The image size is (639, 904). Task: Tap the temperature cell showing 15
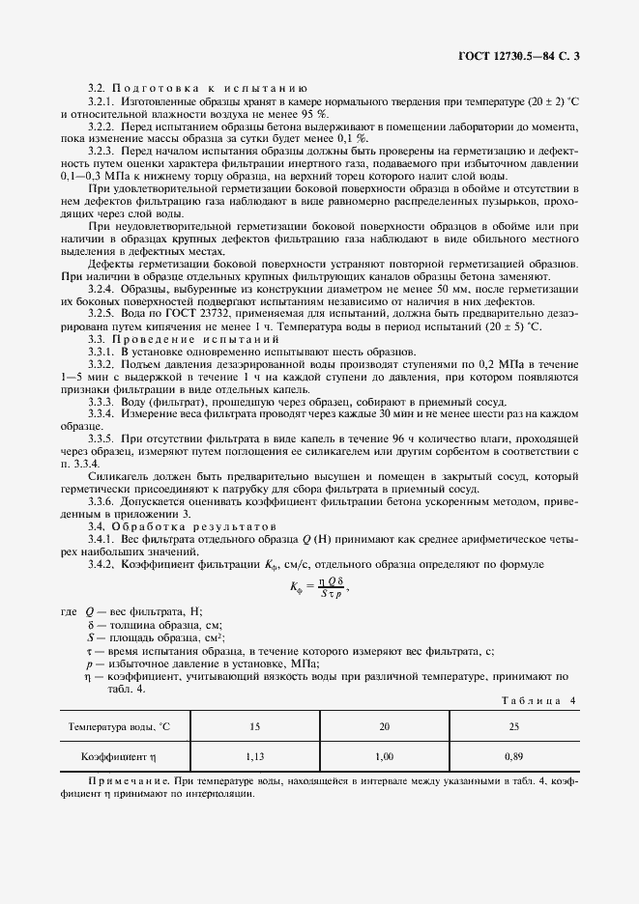point(255,725)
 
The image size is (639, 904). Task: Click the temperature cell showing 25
point(513,725)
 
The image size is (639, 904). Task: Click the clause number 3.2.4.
point(102,289)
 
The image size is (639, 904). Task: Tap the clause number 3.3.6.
point(102,502)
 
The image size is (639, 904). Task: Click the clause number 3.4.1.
point(102,540)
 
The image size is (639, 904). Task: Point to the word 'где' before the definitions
point(68,613)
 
